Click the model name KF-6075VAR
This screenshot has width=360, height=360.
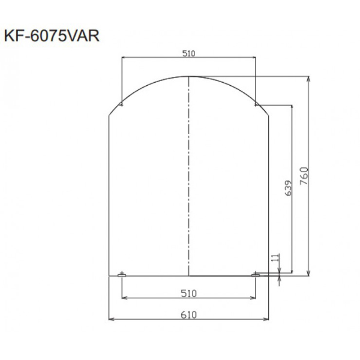[x=52, y=36]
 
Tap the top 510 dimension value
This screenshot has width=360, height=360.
[x=189, y=53]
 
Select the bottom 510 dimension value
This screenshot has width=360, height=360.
[x=189, y=293]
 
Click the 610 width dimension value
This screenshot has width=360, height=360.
[x=189, y=315]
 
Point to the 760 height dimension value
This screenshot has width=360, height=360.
[x=304, y=176]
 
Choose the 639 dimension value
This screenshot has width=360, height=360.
[x=288, y=188]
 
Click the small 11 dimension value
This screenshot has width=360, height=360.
[x=277, y=257]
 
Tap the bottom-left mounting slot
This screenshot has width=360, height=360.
[x=122, y=275]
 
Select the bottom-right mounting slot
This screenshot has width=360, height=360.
[x=256, y=275]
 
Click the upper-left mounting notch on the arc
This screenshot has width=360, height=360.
[x=121, y=104]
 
